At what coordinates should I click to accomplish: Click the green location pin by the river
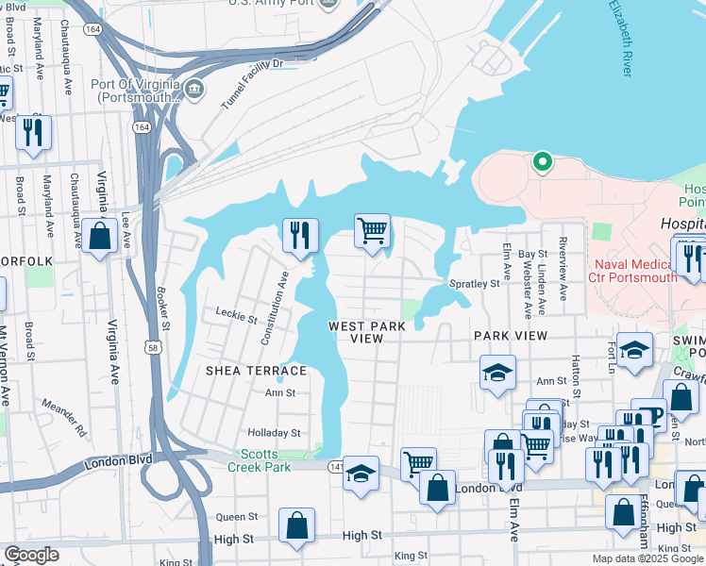click(x=542, y=162)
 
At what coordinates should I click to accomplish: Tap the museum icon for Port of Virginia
click(x=195, y=90)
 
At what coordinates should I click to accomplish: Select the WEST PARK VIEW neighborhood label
click(x=367, y=332)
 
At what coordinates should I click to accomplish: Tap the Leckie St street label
click(x=236, y=318)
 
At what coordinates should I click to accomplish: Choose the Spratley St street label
click(x=474, y=283)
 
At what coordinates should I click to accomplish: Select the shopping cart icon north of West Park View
click(x=373, y=230)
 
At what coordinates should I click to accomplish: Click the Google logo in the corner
click(x=31, y=555)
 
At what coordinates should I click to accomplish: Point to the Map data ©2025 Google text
click(x=647, y=558)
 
